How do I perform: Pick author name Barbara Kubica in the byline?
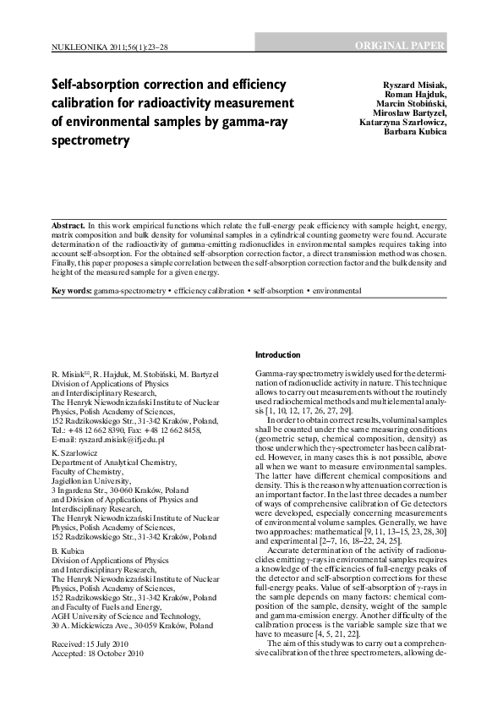[x=417, y=132]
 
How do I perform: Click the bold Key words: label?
[x=72, y=291]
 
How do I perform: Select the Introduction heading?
[x=277, y=355]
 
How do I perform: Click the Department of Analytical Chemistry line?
[x=112, y=463]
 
